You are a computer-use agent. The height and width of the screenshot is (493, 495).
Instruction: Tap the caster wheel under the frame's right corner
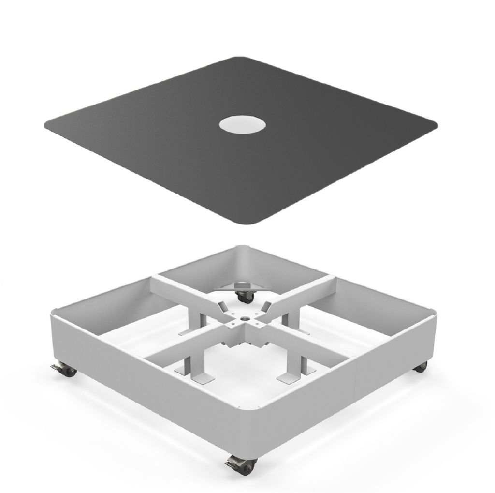click(421, 366)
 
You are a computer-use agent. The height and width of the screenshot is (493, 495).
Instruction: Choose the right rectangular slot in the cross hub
click(266, 306)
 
